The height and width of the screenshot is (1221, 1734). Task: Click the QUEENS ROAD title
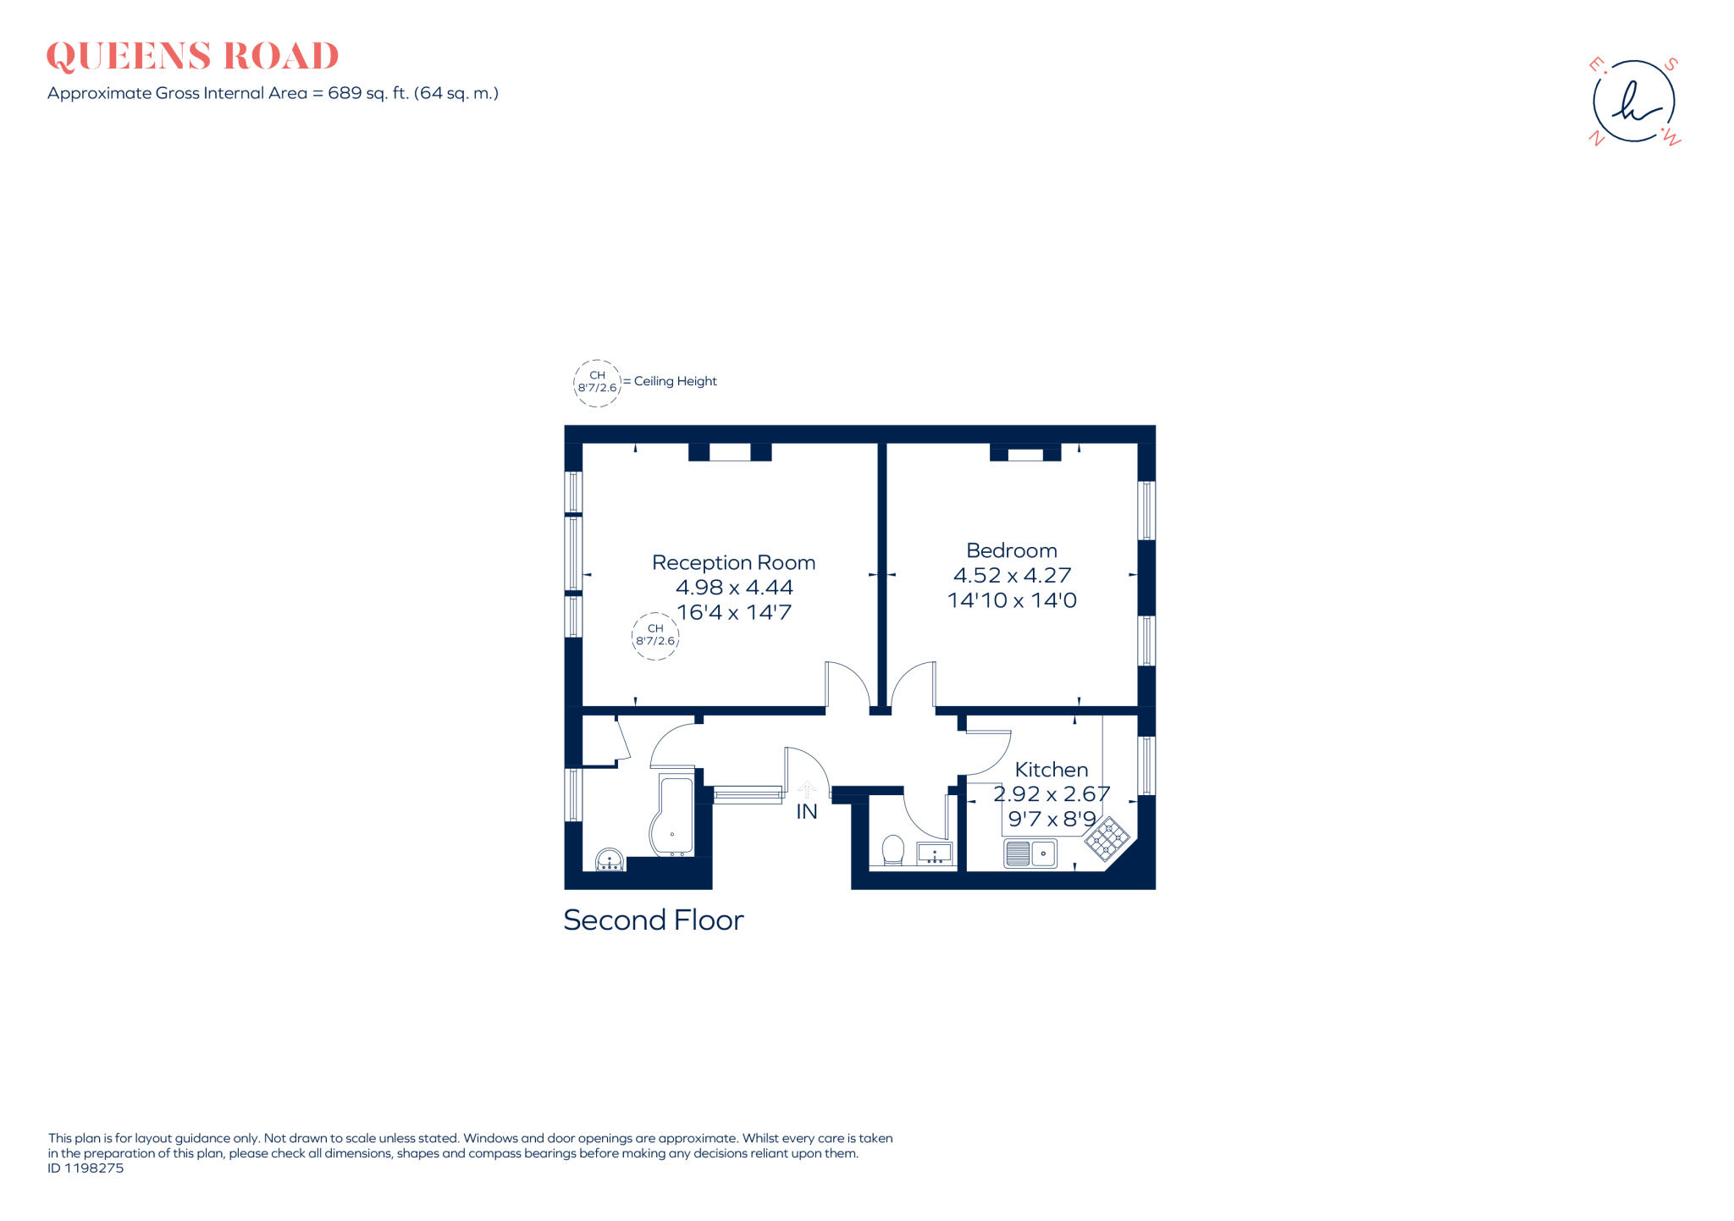click(192, 57)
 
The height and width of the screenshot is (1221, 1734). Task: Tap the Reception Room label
click(733, 562)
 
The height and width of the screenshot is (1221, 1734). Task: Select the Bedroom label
click(1011, 550)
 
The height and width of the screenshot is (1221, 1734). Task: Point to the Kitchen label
click(1051, 770)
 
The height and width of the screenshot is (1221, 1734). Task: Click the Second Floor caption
click(653, 920)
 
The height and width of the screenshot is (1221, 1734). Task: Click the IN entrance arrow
click(806, 791)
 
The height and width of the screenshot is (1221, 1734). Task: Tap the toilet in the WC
click(892, 849)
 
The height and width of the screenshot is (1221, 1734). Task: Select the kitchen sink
click(1030, 853)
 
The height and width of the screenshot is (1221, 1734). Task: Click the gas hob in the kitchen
click(1107, 838)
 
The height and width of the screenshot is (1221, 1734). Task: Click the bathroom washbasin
click(610, 861)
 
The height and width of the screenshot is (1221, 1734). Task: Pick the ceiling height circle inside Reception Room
click(655, 635)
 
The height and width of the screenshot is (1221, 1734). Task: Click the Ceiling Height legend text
click(675, 381)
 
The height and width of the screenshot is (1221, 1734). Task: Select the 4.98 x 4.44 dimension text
click(734, 587)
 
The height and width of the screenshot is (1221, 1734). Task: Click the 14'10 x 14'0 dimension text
click(1012, 600)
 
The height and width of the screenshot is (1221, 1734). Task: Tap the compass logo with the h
click(1633, 102)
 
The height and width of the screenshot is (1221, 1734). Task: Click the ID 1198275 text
click(86, 1169)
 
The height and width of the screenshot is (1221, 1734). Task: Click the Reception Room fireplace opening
click(729, 452)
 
